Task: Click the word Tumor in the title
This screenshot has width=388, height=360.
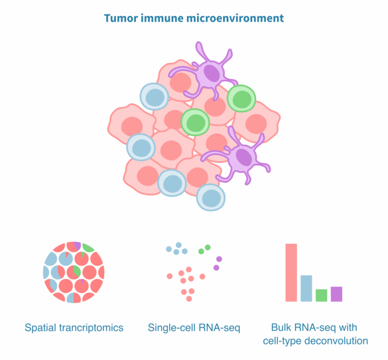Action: (x=118, y=19)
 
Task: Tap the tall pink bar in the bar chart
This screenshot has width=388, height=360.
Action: (x=291, y=272)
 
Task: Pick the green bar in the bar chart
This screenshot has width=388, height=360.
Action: (x=321, y=295)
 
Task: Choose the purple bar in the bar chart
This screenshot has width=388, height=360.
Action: (x=336, y=293)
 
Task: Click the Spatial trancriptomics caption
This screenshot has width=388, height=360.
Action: (x=74, y=328)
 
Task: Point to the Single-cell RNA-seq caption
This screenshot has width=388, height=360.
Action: (x=194, y=328)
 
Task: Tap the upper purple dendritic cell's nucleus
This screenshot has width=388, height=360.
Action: (x=211, y=73)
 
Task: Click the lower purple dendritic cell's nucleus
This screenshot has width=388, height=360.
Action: (x=244, y=157)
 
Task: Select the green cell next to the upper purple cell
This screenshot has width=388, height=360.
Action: (x=242, y=99)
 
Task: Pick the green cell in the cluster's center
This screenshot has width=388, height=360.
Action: (x=195, y=121)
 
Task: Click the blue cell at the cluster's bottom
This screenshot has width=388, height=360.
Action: (x=211, y=197)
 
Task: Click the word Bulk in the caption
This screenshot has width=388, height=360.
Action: (x=282, y=328)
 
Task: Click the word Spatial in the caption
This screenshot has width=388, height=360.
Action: (x=42, y=328)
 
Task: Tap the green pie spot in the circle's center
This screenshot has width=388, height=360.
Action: (x=76, y=271)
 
